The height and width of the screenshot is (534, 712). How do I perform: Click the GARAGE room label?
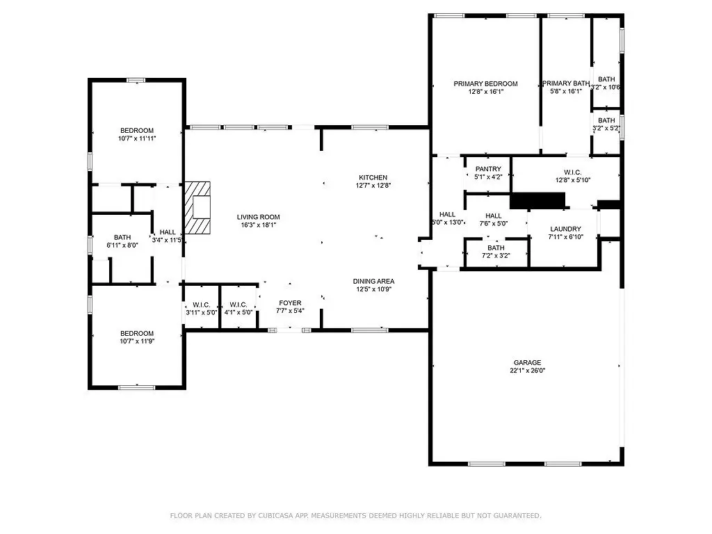[527, 362]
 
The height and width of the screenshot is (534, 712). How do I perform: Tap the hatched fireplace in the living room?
[197, 208]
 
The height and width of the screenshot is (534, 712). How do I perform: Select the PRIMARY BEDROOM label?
[485, 83]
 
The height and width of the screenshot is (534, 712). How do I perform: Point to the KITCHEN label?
[373, 177]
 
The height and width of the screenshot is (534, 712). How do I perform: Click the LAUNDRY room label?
[565, 229]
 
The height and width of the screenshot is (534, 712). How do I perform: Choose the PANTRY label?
[488, 169]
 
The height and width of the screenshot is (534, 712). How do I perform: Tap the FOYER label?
[290, 303]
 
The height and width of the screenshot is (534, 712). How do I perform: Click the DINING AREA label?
[373, 281]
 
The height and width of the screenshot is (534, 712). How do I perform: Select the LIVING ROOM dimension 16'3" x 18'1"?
[259, 225]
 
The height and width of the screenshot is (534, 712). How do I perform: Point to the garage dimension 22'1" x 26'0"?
[527, 370]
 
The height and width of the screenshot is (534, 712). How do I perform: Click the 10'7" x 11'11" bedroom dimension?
[137, 138]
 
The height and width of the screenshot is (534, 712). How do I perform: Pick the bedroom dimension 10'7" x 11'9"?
[137, 341]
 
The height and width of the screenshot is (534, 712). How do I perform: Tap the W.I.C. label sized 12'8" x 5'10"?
[573, 172]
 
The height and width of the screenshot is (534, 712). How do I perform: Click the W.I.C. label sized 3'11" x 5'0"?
[201, 305]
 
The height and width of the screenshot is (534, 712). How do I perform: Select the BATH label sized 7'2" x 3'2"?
[496, 248]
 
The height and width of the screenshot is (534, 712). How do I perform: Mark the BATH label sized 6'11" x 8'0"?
[122, 237]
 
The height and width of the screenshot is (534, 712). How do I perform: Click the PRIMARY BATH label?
[566, 83]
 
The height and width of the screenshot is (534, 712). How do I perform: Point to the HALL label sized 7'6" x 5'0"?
[493, 216]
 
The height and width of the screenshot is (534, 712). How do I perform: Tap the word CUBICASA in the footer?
[275, 515]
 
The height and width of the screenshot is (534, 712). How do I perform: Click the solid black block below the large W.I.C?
[537, 201]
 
